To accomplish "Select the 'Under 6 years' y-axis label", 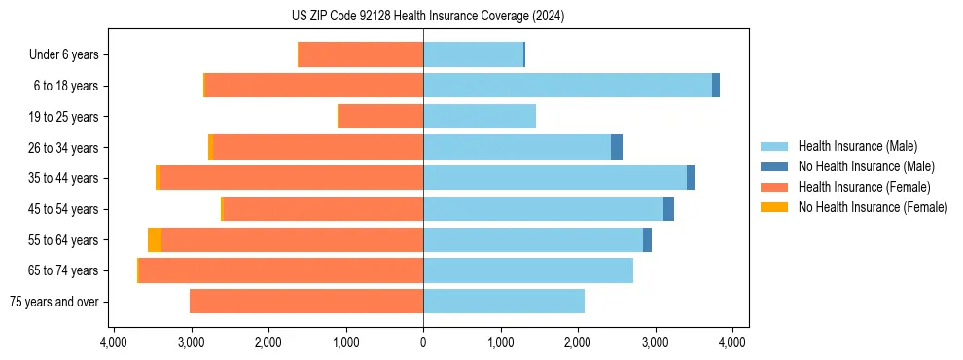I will pos(63,55).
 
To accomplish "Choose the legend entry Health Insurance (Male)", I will pos(857,146).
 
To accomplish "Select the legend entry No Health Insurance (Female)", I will pos(873,207).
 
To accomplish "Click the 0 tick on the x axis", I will pos(423,342).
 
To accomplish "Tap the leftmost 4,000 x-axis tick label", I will pos(113,342).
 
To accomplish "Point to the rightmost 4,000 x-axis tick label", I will pos(732,342).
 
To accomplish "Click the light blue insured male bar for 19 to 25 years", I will pos(480,117).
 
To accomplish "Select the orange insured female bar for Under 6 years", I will pos(361,55).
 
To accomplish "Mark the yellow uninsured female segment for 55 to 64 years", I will pos(155,240).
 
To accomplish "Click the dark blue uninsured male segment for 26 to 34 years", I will pos(617,148).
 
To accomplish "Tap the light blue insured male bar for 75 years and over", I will pos(504,302).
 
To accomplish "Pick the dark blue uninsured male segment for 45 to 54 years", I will pos(668,209).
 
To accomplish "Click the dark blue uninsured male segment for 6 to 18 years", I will pos(716,86).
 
